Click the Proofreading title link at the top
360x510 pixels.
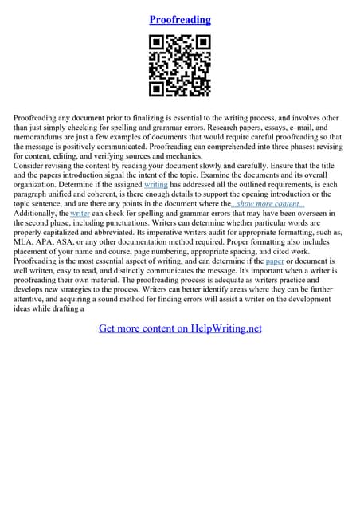pos(180,19)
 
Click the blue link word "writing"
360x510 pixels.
pos(156,183)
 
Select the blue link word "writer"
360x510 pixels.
pos(80,214)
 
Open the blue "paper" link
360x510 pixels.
pos(275,261)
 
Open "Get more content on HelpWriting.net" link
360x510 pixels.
pos(180,328)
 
